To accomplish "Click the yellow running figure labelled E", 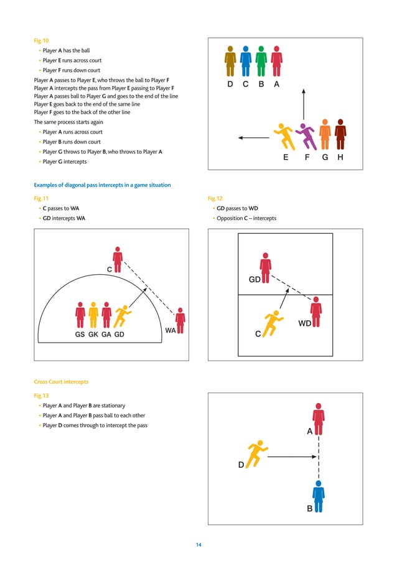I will click(x=283, y=136).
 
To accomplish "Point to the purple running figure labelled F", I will click(x=306, y=135).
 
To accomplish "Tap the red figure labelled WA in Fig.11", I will click(x=180, y=320).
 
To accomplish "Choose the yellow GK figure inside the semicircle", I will click(x=93, y=315).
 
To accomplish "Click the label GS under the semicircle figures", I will click(x=80, y=334).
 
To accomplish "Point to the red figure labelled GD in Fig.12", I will click(x=266, y=264).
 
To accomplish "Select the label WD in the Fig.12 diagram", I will click(x=305, y=324).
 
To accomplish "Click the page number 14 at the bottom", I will click(x=198, y=545).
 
